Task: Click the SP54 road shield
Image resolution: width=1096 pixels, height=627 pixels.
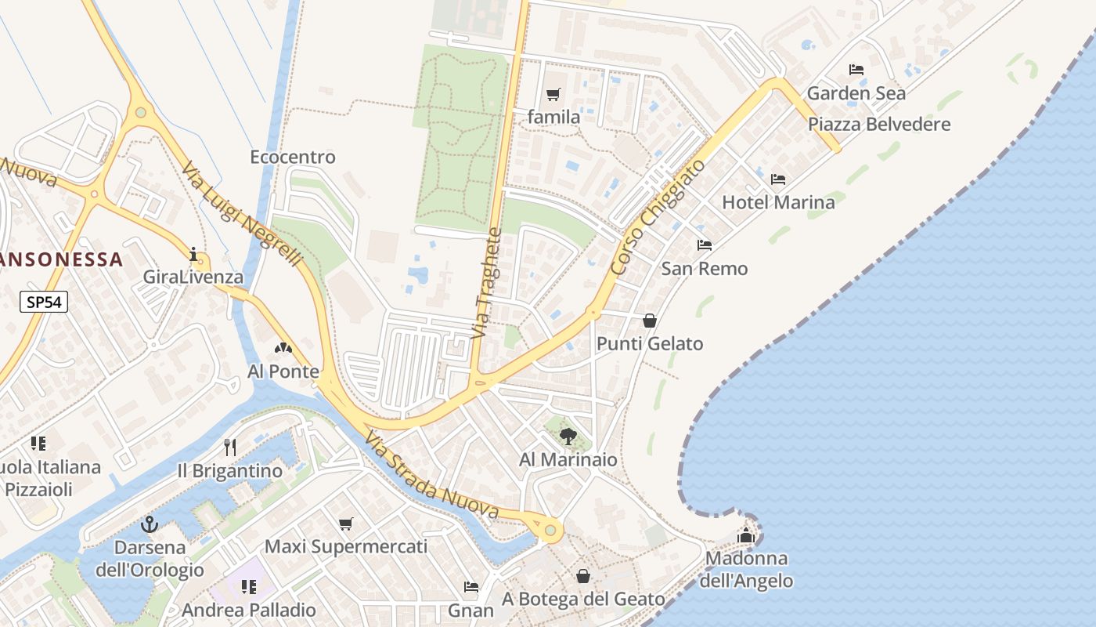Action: click(45, 302)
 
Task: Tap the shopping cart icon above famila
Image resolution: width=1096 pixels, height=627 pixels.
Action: click(553, 95)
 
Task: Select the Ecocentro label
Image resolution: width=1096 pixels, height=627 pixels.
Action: click(293, 157)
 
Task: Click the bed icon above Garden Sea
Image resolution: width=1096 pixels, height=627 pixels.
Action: click(856, 70)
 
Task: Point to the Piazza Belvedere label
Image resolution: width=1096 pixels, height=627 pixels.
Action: click(879, 124)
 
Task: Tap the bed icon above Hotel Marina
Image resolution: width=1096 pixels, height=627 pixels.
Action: click(778, 179)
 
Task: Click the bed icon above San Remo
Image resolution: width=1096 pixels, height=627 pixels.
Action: click(705, 245)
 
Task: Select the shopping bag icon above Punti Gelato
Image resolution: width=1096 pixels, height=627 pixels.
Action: click(650, 321)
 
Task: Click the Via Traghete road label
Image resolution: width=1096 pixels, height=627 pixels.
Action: click(485, 283)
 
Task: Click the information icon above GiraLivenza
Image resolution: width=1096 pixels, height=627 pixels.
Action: click(193, 254)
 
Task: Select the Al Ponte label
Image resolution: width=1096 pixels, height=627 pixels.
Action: click(283, 371)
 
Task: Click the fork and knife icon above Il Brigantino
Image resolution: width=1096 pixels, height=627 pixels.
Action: click(230, 448)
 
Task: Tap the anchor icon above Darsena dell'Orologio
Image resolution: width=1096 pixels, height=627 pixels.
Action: click(149, 524)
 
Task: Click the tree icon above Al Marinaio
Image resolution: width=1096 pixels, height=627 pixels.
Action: click(568, 437)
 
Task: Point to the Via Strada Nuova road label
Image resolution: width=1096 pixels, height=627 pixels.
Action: click(432, 476)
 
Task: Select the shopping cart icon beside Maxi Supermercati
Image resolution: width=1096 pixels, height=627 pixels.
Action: click(346, 524)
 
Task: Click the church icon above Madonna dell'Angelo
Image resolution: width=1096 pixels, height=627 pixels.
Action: click(746, 535)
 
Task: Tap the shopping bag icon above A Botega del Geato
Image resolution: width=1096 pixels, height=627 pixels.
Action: click(583, 576)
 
